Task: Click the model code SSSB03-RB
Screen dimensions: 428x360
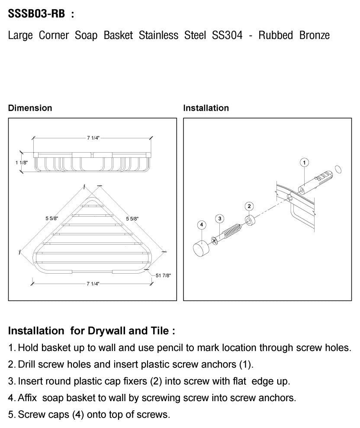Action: tap(37, 14)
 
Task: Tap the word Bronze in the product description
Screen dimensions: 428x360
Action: tap(314, 35)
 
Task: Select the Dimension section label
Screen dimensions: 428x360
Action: tap(30, 108)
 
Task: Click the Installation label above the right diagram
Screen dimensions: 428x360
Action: tap(206, 108)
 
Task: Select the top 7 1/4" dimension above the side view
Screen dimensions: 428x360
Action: tap(93, 138)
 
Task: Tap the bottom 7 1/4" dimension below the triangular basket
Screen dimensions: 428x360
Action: tap(93, 284)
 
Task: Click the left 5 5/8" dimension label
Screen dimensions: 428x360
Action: tap(51, 219)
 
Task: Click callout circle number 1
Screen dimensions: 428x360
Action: tap(304, 163)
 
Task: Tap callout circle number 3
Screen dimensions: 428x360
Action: tap(219, 218)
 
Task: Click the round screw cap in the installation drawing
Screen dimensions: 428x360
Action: tap(200, 249)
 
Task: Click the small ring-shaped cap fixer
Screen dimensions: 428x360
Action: tap(250, 220)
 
